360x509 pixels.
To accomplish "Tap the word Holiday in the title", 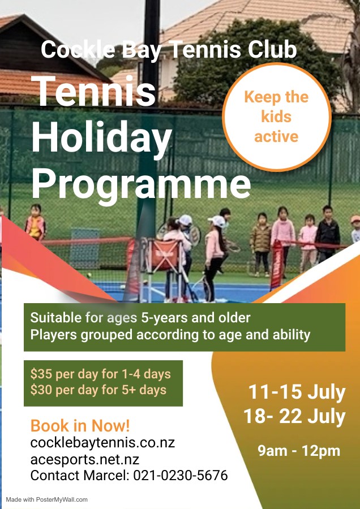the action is click(102, 138).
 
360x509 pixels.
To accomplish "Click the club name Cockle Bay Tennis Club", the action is click(169, 50).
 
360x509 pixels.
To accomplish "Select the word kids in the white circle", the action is click(276, 117).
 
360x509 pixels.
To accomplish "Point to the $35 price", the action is click(41, 374).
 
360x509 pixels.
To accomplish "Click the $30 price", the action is click(41, 390).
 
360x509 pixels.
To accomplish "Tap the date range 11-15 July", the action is click(297, 392).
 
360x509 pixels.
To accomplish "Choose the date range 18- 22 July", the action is click(294, 416).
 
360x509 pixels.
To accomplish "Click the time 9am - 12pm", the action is click(299, 451).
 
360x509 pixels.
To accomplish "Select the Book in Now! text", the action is click(80, 425).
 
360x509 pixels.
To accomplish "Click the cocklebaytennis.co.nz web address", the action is click(102, 442).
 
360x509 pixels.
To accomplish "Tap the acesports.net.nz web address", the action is click(85, 459).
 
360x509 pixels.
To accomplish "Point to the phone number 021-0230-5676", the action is click(181, 475).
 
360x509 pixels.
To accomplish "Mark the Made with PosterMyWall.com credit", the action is click(47, 499).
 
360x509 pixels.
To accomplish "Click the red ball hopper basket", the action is click(165, 255).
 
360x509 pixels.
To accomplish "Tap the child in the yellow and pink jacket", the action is click(36, 223).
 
